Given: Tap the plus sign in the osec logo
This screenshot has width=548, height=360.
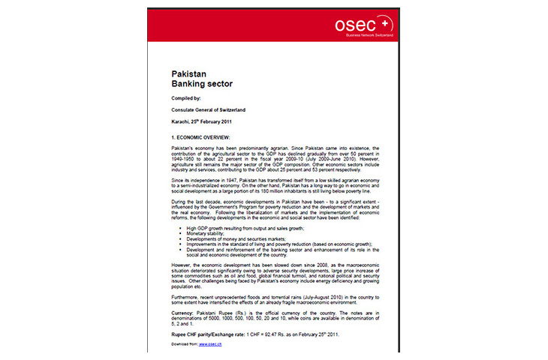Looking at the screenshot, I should (387, 24).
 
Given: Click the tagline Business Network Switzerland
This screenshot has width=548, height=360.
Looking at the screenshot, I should (364, 35).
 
